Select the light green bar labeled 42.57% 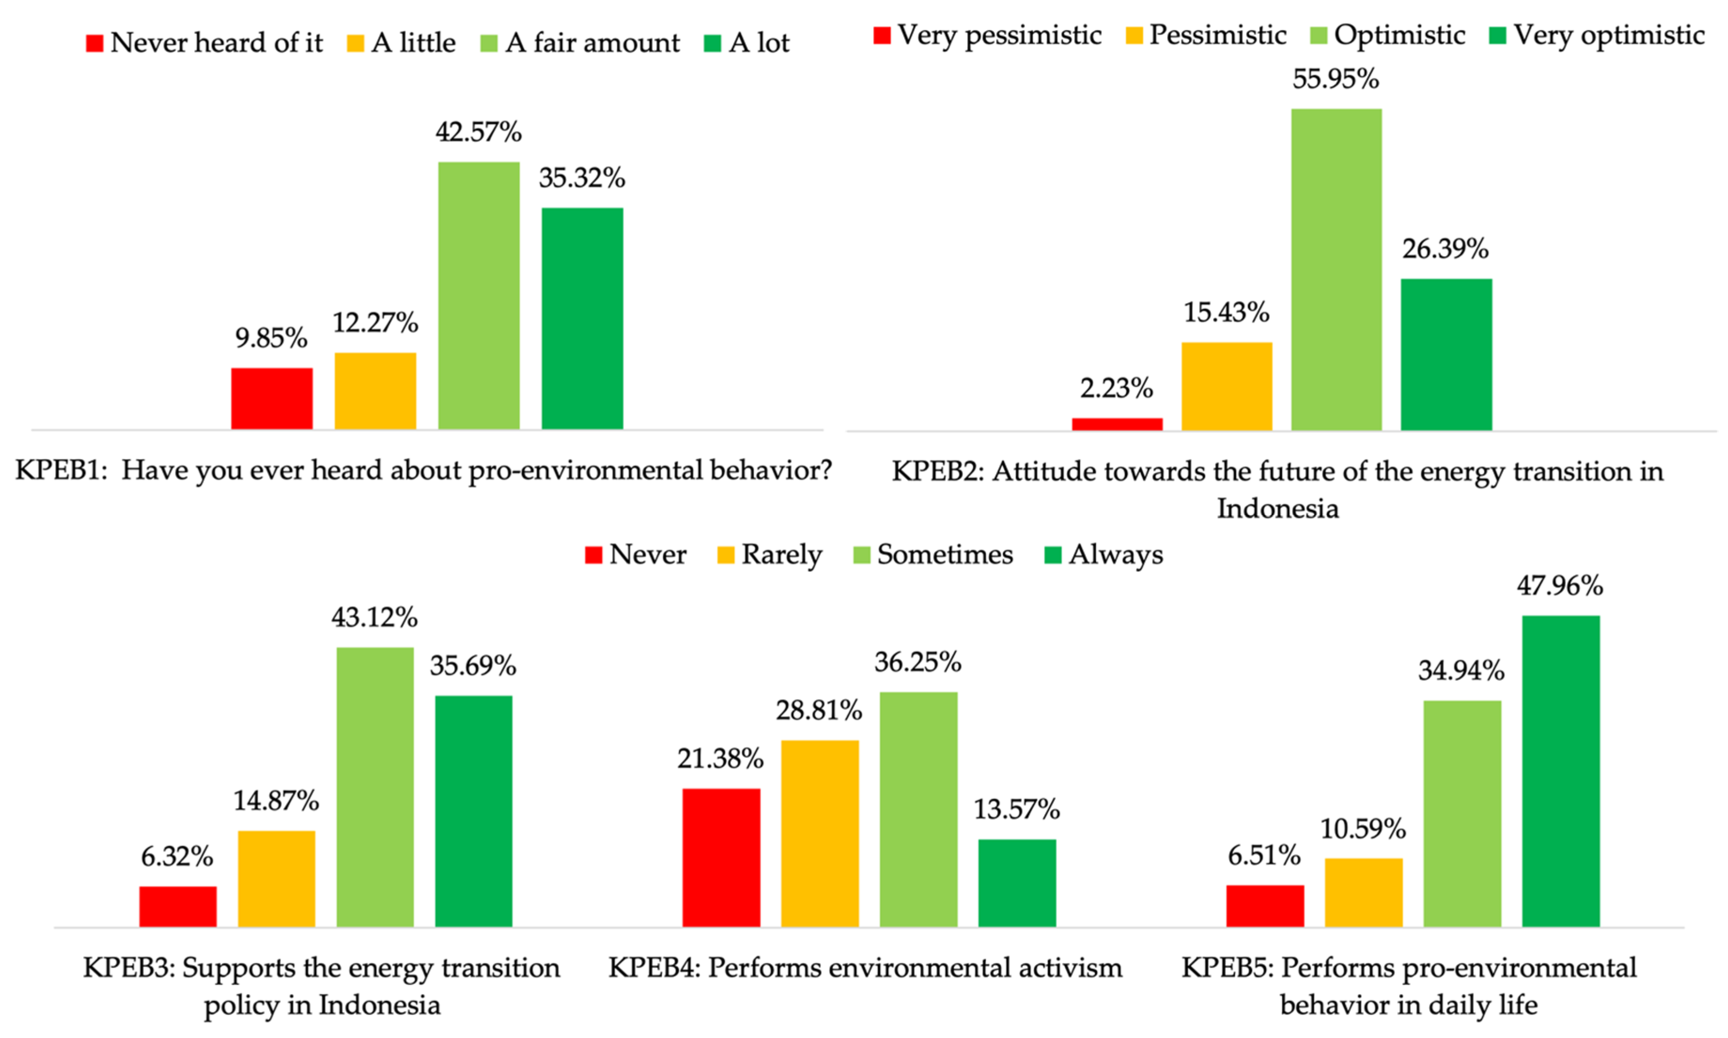[478, 295]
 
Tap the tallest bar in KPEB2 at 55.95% [1335, 269]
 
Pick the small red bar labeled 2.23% [1117, 424]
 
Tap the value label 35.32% [582, 178]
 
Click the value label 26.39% [1445, 249]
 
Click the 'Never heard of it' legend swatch [94, 43]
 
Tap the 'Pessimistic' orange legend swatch [1134, 35]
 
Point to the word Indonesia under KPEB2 [1277, 509]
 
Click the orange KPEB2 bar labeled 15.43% [1226, 386]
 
